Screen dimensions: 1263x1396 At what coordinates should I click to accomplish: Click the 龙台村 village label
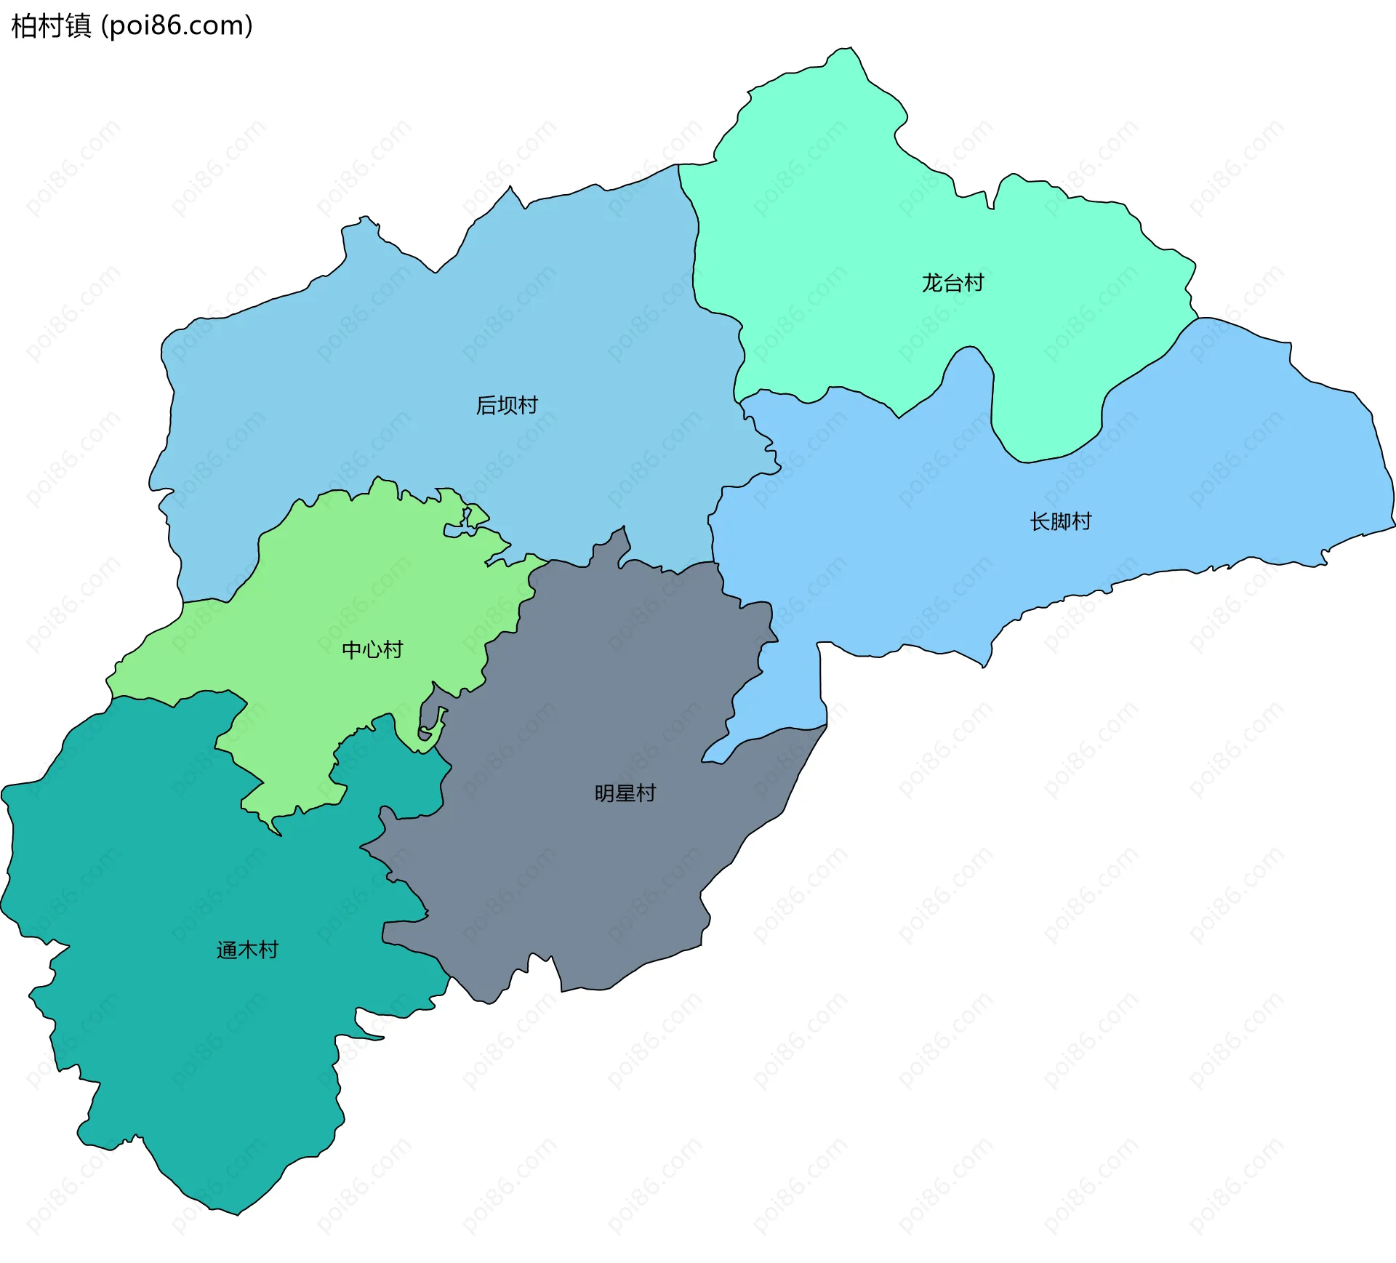pos(952,283)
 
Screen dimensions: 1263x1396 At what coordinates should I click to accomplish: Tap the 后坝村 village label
pos(507,405)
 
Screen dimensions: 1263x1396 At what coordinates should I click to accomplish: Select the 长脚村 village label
pos(1060,521)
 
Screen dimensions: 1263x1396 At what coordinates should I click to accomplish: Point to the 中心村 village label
pos(372,649)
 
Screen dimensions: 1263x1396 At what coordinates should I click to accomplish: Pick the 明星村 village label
pos(625,793)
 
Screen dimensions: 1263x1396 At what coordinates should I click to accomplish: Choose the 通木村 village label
pos(247,950)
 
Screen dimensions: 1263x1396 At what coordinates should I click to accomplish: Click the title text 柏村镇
pos(51,25)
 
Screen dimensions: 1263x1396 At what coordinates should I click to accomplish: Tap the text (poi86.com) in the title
pos(177,25)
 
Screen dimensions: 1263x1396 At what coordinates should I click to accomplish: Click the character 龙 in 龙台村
pos(932,283)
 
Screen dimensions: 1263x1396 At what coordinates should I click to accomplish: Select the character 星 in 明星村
pos(625,793)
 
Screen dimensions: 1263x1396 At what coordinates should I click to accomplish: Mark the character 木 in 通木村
pos(247,950)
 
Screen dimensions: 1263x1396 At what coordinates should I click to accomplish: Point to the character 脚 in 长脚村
pos(1060,521)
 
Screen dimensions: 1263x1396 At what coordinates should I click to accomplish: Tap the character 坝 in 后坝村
pos(507,405)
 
